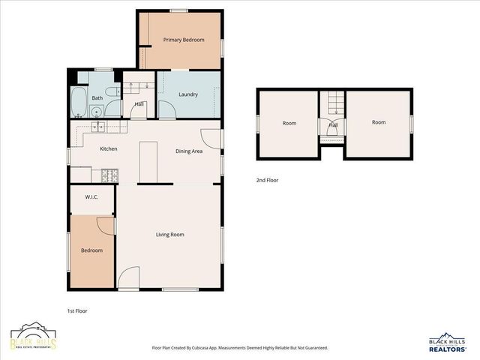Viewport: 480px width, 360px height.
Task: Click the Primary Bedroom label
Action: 184,40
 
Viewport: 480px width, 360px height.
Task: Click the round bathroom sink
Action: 96,112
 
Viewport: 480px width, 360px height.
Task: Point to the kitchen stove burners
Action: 108,175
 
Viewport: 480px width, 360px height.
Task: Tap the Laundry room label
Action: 188,94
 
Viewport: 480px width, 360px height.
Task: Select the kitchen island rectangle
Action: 148,161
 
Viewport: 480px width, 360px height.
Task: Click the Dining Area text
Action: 189,151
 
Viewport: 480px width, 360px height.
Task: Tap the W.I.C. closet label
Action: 91,197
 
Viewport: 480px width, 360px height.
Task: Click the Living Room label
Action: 169,235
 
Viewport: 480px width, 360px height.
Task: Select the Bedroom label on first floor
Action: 91,250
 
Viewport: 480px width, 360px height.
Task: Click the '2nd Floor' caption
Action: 267,180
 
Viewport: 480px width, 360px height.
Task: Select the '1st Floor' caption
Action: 77,310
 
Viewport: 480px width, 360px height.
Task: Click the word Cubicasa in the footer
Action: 204,348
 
